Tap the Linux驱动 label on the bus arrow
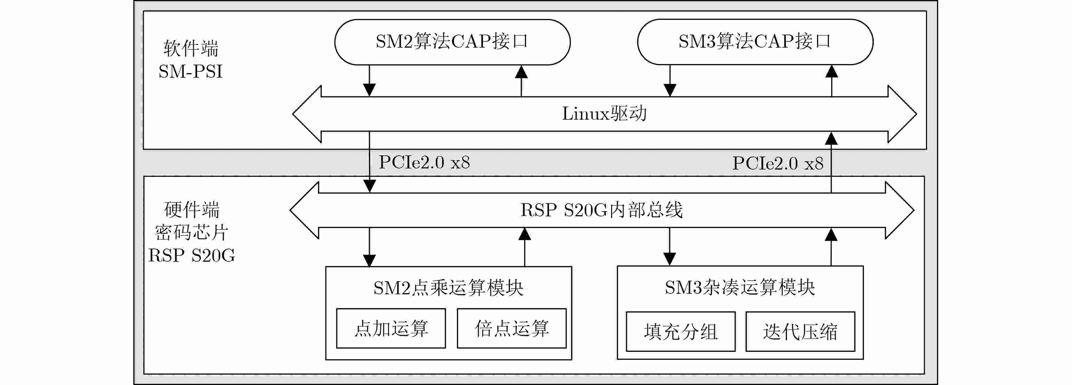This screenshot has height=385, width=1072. (604, 114)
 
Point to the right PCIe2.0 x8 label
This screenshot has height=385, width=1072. (778, 163)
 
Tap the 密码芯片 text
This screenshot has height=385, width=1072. (191, 232)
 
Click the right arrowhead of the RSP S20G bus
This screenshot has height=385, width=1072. (899, 210)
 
